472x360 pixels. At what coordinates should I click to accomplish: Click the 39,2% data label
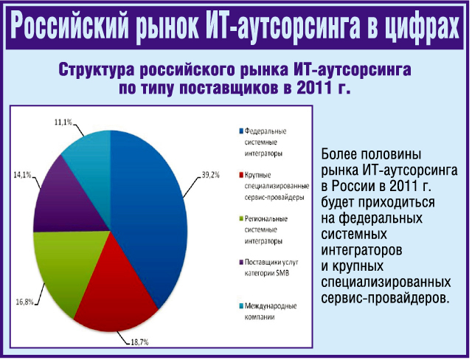click(211, 175)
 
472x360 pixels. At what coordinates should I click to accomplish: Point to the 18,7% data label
click(139, 342)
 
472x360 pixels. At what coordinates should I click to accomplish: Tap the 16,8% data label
click(24, 302)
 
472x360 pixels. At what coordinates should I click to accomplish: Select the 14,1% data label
click(22, 175)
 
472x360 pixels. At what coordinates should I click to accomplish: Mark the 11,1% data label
click(63, 122)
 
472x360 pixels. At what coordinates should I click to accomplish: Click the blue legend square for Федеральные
click(241, 131)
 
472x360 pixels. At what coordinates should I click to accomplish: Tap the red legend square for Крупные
click(241, 175)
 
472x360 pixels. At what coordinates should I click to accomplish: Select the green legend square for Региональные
click(241, 218)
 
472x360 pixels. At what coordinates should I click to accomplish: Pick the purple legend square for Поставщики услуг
click(241, 262)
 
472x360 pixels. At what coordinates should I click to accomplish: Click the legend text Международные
click(271, 306)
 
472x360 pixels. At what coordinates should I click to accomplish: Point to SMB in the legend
click(282, 273)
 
